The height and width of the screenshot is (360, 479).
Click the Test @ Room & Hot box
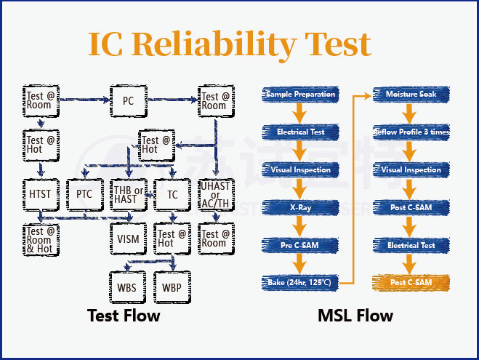coord(40,238)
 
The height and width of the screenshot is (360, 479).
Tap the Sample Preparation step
coord(299,95)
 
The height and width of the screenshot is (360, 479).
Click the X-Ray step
coord(300,207)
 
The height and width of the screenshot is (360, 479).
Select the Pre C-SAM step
coord(300,245)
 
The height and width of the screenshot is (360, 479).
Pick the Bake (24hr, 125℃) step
coord(300,282)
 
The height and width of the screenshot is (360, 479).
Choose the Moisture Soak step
coord(411,95)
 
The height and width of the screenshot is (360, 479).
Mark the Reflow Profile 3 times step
coord(411,132)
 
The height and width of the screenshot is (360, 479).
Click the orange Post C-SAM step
coord(411,282)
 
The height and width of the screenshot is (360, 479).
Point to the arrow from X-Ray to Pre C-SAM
coord(300,226)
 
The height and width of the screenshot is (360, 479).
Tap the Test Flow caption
coord(124,316)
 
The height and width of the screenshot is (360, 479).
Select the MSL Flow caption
coord(355,316)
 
